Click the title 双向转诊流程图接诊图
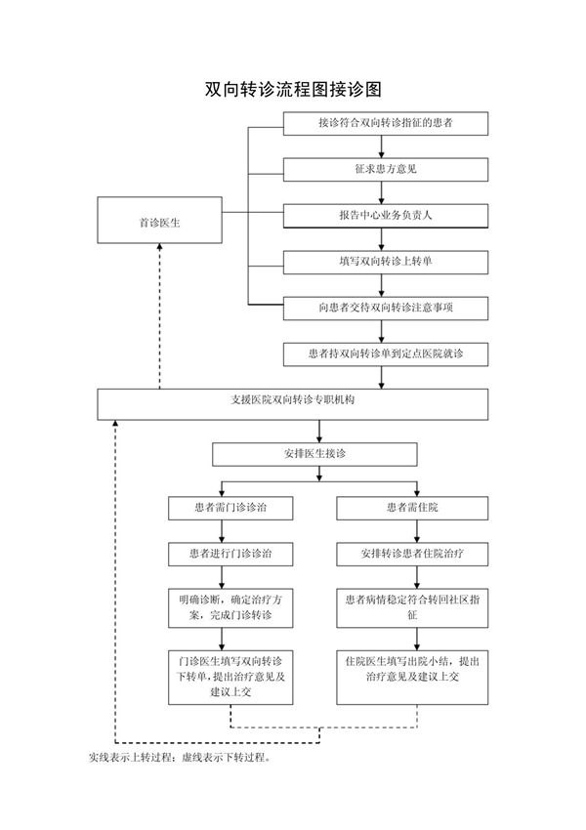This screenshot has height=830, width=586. tap(292, 89)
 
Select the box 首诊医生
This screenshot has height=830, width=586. tap(158, 222)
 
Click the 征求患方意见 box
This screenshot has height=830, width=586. tap(386, 169)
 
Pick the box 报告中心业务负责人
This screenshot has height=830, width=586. tap(386, 215)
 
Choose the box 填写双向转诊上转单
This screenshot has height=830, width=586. tap(386, 262)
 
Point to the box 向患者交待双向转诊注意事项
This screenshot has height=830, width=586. tap(386, 308)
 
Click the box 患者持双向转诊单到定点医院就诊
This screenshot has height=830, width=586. tap(386, 354)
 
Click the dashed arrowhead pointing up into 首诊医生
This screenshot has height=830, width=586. tap(159, 250)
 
